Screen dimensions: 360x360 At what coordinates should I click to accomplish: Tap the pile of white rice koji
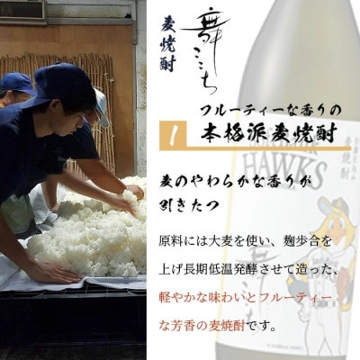90,234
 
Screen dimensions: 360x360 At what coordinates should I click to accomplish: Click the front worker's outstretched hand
131,193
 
